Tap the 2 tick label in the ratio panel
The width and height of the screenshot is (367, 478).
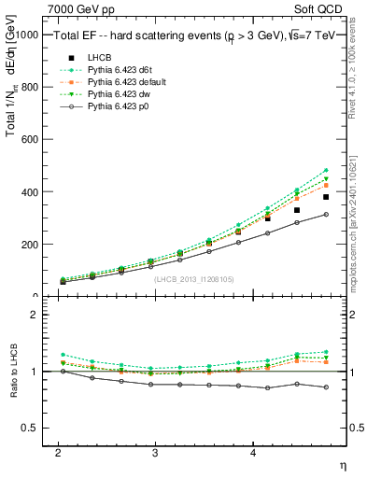34,315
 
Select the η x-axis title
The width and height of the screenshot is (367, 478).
342,464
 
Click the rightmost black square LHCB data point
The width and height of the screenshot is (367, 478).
326,197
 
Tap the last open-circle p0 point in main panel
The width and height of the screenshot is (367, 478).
326,215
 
